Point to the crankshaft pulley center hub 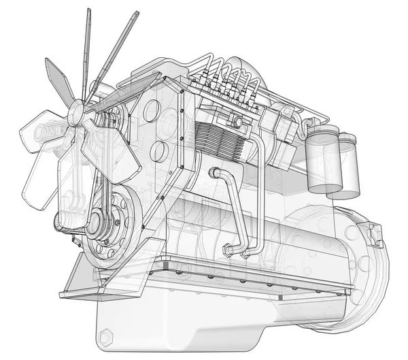[93, 220]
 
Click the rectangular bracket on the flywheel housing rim [375, 235]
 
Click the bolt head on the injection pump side [237, 122]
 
